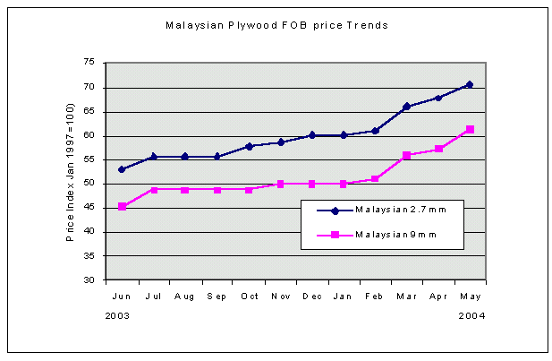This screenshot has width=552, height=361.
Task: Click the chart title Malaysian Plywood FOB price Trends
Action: [276, 25]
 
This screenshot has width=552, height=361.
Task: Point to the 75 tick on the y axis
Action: [89, 63]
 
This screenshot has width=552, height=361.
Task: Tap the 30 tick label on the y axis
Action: [89, 280]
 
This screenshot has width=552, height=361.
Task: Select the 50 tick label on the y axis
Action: [89, 184]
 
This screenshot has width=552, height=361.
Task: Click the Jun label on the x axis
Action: [121, 295]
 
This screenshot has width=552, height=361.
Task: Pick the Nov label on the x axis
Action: [280, 295]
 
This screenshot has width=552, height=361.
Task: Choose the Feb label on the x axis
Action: [375, 295]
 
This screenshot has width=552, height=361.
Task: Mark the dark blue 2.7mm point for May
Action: [470, 84]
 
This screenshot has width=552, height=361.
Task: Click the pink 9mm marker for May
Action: [470, 130]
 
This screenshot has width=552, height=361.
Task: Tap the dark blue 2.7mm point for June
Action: [122, 169]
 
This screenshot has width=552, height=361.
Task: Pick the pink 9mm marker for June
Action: [122, 207]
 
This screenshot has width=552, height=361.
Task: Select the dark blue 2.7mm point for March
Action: [407, 107]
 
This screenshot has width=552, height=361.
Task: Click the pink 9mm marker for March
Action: [407, 156]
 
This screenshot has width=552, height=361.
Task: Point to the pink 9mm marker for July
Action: [153, 190]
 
